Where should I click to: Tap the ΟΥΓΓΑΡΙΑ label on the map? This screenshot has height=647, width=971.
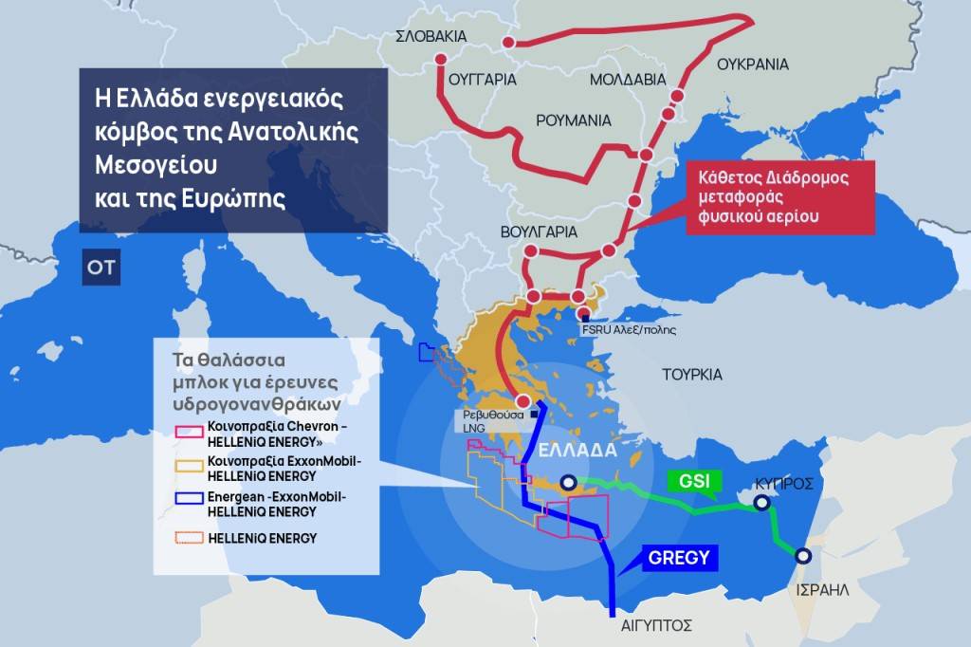coord(481,80)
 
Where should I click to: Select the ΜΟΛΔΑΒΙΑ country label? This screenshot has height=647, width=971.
coord(628,80)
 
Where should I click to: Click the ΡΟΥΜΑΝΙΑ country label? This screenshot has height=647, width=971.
coord(574,120)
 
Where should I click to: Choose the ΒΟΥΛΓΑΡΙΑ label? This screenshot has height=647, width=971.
coord(538,231)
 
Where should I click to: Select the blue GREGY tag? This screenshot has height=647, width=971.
coord(678,558)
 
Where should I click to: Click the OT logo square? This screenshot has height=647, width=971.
coord(101,268)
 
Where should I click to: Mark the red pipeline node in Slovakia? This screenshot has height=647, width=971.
coord(509,43)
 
